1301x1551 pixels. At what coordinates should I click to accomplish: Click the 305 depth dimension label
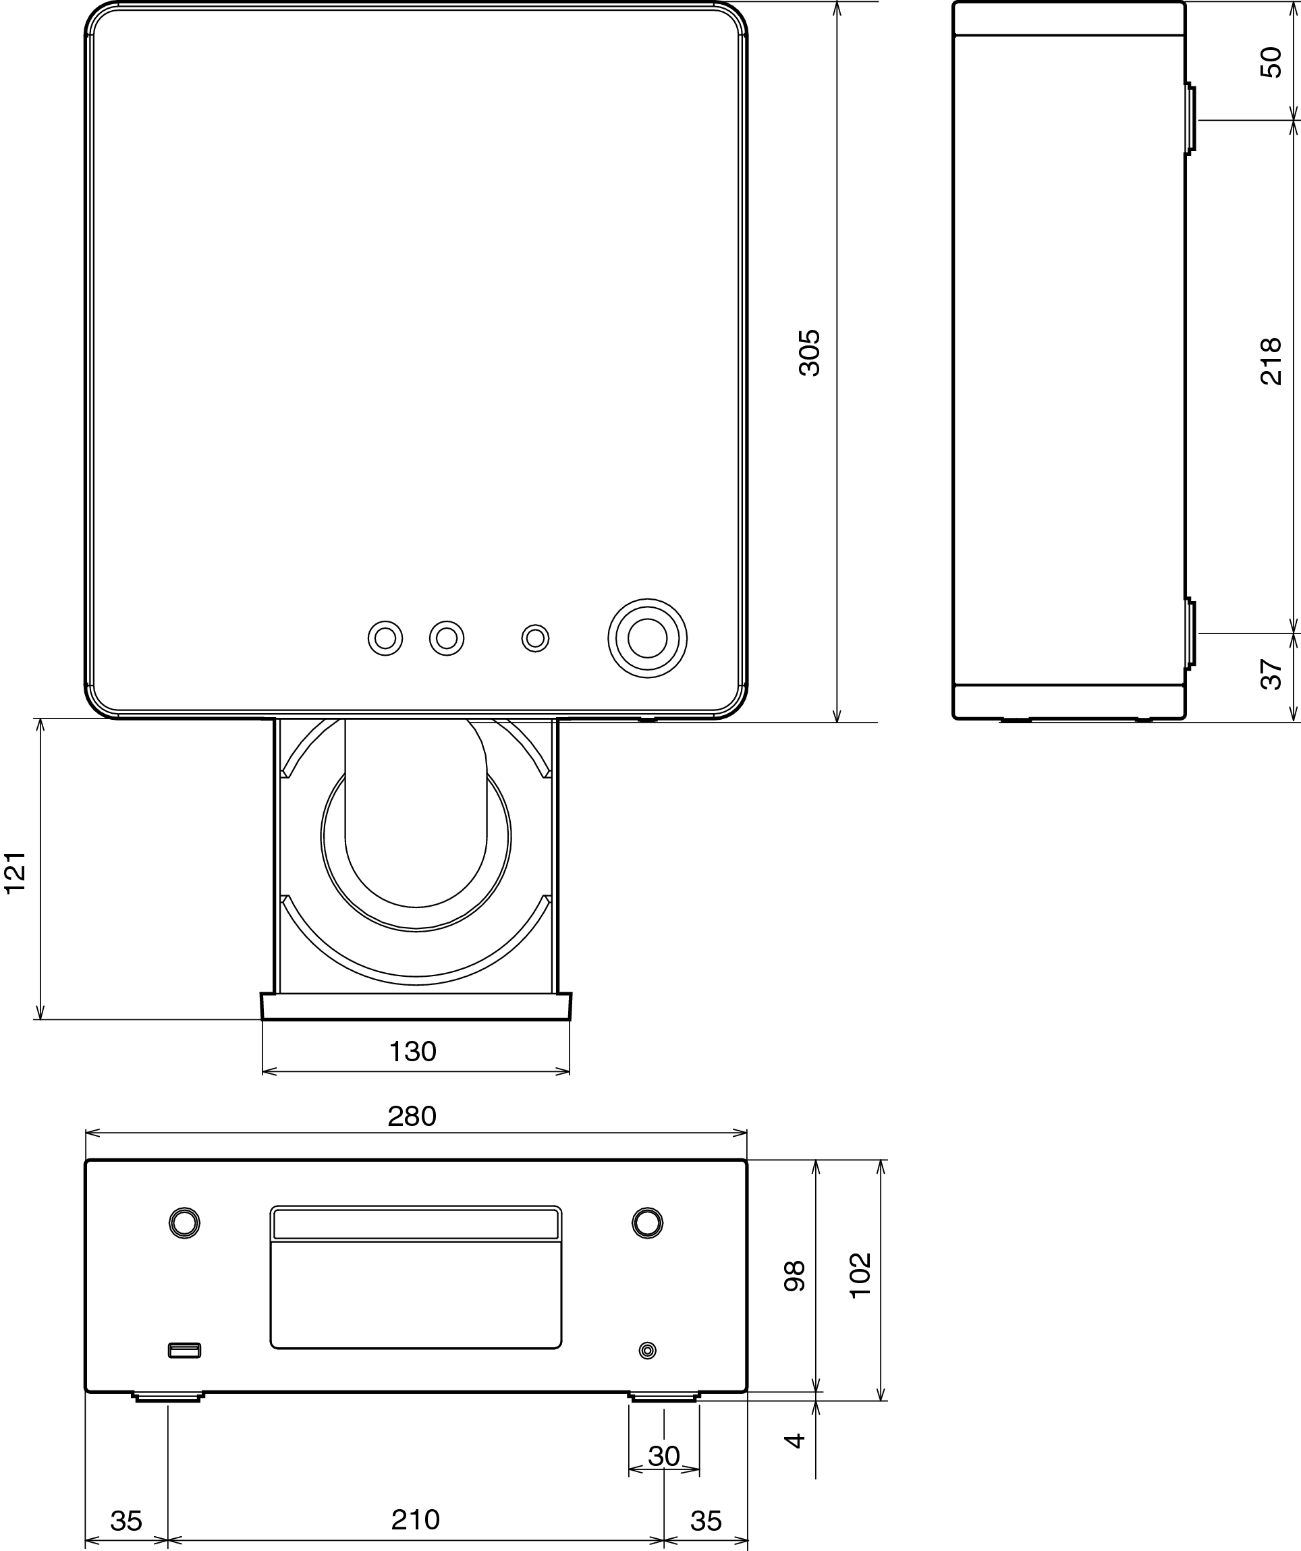[810, 353]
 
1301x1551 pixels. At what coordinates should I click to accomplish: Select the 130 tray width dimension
[412, 1052]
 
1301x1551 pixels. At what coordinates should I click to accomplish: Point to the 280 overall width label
[412, 1116]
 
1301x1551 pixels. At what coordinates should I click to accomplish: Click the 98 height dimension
[794, 1276]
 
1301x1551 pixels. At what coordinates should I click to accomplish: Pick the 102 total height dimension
[860, 1276]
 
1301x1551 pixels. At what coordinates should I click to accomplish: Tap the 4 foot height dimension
[794, 1440]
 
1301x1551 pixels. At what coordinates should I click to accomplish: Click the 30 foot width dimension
[663, 1456]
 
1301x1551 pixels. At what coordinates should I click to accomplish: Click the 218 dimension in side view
[1271, 361]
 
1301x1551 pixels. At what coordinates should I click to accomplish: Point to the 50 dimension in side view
[1271, 62]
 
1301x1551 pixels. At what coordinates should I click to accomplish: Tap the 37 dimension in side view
[1271, 675]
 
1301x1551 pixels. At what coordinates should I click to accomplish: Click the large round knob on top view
[647, 638]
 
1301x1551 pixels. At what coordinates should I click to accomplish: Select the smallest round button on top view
[535, 638]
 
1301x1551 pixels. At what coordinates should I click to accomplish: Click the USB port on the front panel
[185, 1351]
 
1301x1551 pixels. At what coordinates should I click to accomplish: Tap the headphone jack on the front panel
[647, 1351]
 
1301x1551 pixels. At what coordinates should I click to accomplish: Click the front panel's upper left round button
[184, 1223]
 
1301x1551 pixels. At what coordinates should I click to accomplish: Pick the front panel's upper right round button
[647, 1223]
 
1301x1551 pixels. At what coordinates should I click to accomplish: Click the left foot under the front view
[168, 1397]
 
